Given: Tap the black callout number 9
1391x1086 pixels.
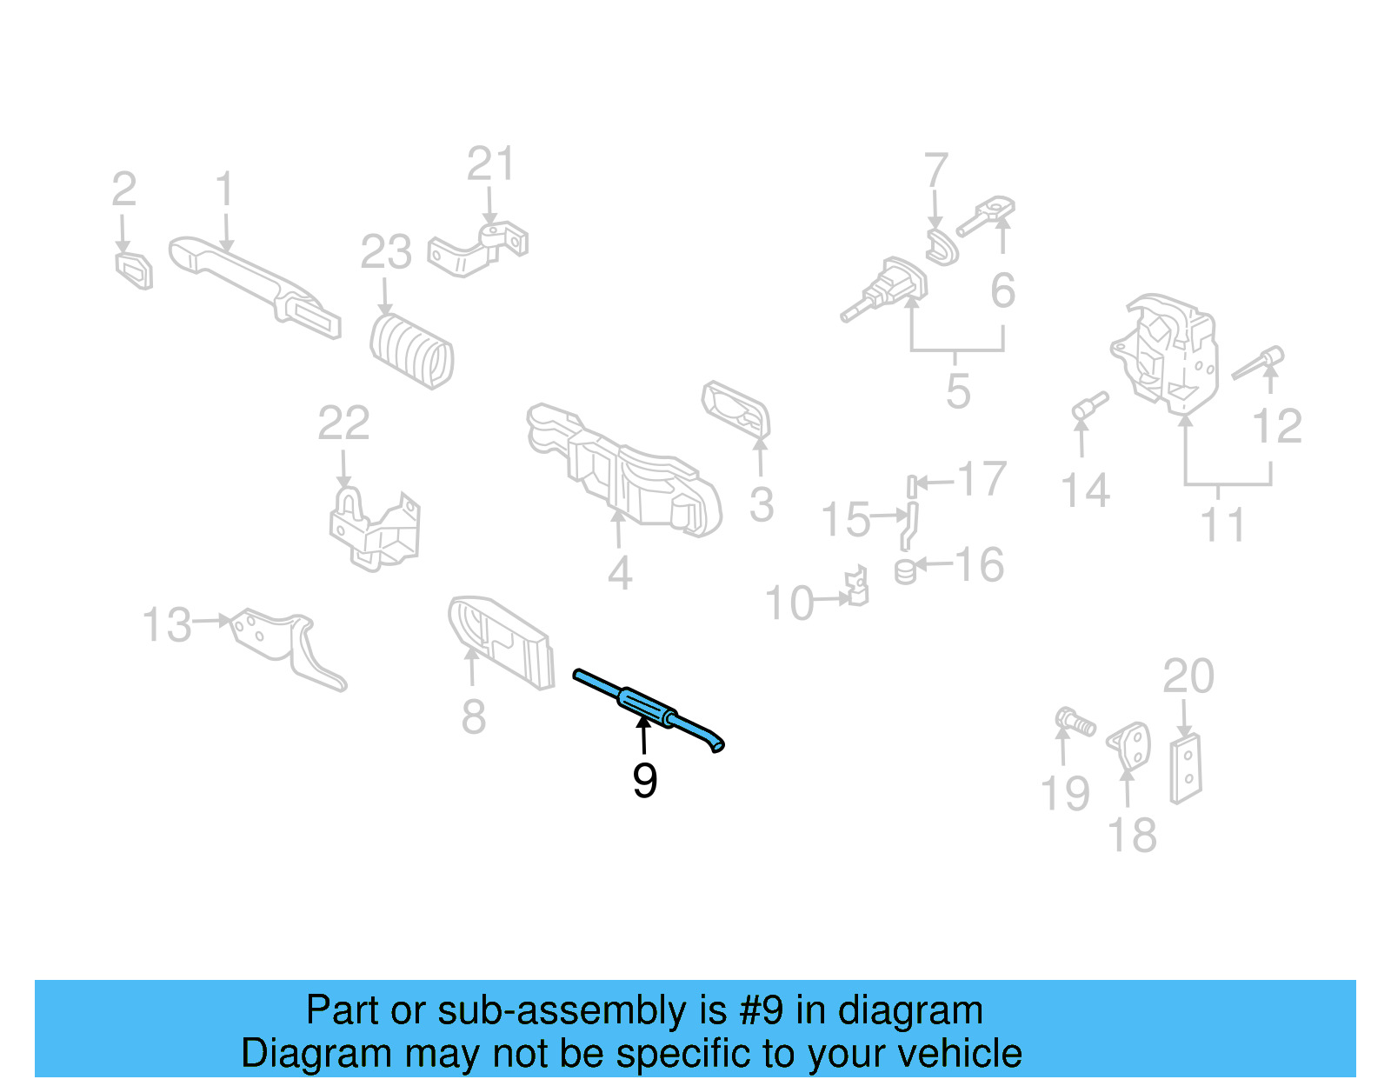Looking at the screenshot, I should point(644,780).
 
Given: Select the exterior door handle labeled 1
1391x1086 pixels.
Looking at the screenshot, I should point(252,283).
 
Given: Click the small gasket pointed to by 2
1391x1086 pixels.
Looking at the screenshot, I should point(135,270).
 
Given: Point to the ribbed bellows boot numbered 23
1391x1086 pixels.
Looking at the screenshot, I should point(412,351).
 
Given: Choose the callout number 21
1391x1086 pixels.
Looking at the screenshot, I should point(490,163).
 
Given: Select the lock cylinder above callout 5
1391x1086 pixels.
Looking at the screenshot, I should point(887,288).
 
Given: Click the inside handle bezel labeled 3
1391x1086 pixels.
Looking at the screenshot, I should point(737,410).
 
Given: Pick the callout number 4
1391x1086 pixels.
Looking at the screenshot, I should point(619,573).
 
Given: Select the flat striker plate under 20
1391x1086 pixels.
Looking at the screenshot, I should point(1185,769).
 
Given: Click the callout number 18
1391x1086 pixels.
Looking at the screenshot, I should point(1131,835).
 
